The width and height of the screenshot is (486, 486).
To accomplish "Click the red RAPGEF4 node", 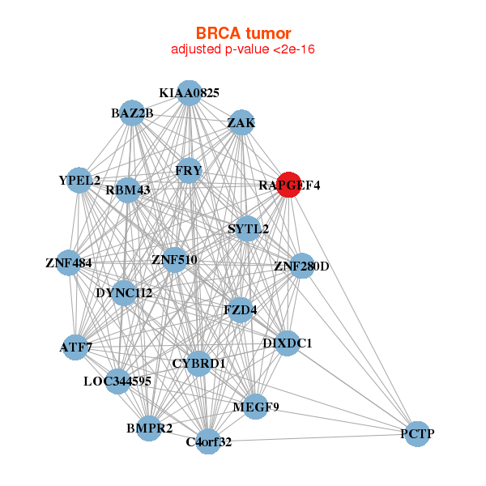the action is point(289,185).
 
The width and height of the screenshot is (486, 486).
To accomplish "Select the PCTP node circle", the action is point(416,433).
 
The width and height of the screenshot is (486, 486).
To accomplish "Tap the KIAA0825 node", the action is point(189,92).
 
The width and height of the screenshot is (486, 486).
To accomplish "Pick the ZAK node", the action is point(241,122).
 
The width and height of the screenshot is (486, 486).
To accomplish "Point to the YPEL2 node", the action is point(79,180).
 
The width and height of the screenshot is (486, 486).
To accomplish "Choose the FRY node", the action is point(189,170).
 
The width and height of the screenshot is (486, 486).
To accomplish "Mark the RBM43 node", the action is point(128,190).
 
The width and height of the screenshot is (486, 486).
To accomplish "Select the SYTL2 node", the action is point(248,228).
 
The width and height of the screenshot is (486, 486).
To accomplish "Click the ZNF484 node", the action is point(69,262).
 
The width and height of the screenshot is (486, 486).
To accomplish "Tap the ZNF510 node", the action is point(174,259).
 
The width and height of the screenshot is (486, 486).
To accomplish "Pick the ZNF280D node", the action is point(301,265).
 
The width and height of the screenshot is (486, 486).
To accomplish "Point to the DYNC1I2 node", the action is point(123,292).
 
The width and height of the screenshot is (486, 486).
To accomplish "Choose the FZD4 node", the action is point(241,309).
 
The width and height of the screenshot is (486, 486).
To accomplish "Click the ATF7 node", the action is point(75,347).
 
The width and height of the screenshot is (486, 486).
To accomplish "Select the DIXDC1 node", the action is point(287,343).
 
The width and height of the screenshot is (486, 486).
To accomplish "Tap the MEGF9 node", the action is point(254,407).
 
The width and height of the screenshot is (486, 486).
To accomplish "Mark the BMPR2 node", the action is point(148,428).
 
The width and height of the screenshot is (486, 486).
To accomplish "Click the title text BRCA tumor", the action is point(243,33).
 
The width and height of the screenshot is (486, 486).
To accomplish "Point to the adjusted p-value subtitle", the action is point(243,49).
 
